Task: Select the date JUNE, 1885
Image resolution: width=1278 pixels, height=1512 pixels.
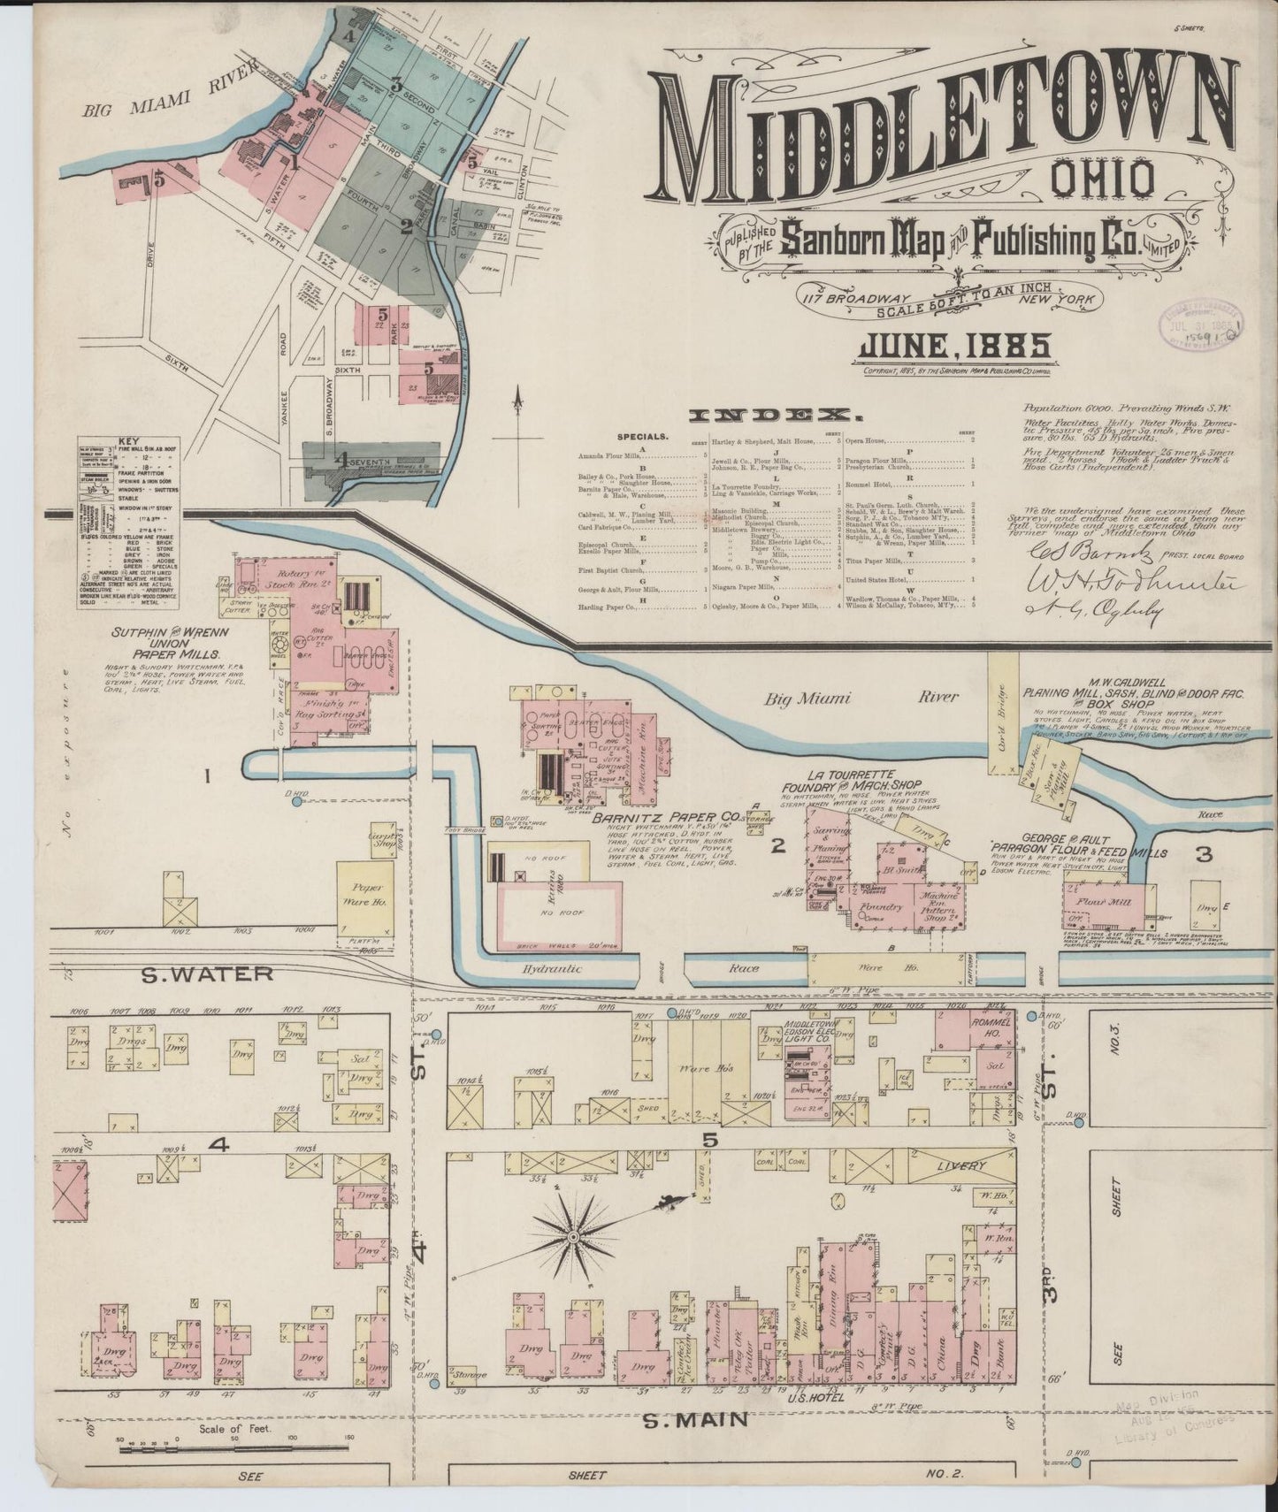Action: coord(953,346)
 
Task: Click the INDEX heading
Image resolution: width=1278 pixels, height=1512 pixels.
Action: coord(775,415)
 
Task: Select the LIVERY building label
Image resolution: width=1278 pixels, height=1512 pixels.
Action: coord(961,1166)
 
